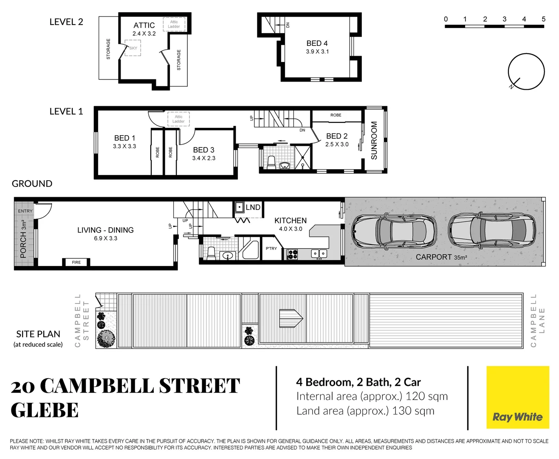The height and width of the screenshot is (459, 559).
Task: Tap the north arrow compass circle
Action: click(526, 71)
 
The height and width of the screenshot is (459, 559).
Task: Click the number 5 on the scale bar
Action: click(543, 19)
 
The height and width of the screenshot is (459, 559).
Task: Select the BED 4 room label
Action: click(317, 43)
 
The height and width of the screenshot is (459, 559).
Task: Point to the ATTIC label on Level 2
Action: click(144, 25)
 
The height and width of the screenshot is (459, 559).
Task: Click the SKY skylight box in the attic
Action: click(133, 48)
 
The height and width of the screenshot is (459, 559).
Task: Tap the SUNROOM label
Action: click(374, 140)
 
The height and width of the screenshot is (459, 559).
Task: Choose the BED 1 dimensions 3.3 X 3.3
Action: click(124, 146)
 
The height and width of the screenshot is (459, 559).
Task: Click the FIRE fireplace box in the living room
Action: click(76, 262)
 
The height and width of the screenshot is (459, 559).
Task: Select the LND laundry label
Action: click(253, 207)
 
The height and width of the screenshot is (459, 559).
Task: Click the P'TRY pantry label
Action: click(271, 249)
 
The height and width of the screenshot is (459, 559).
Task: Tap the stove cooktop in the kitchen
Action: click(293, 254)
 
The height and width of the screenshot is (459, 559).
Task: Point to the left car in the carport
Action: click(394, 231)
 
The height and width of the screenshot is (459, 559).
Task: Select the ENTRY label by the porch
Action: click(25, 211)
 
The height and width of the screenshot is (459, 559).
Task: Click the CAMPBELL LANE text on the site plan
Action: click(537, 320)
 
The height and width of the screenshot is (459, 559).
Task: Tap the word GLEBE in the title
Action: click(45, 411)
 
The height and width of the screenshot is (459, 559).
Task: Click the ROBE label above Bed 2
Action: click(336, 115)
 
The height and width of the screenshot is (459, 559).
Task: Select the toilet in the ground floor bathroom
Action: click(211, 252)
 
